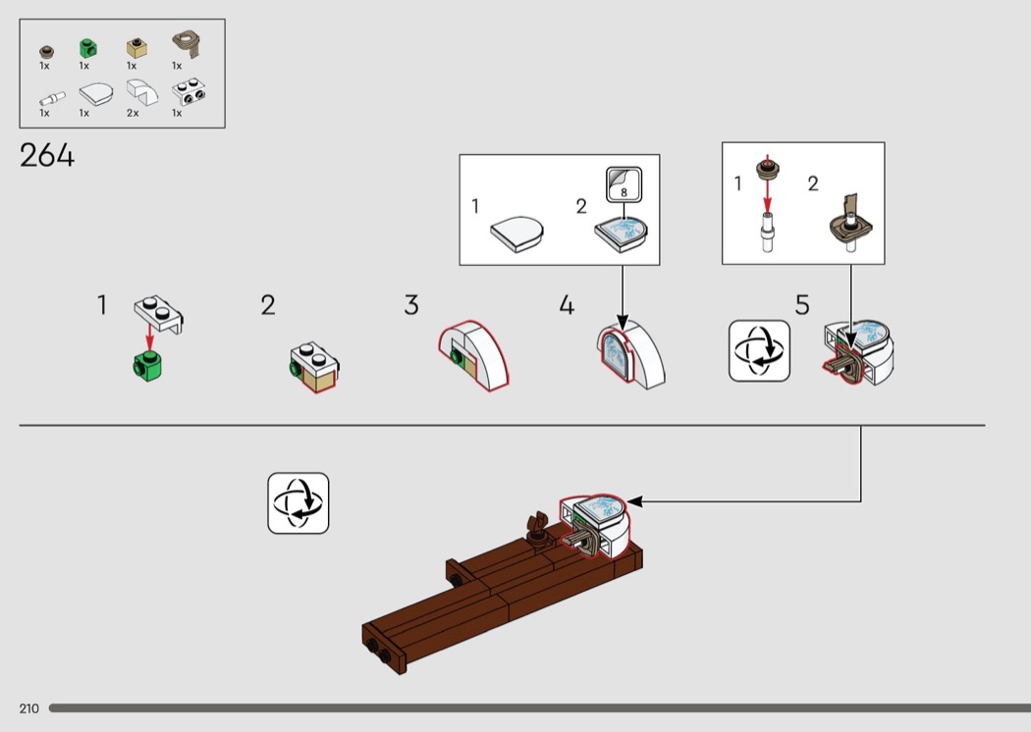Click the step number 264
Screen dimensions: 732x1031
[47, 156]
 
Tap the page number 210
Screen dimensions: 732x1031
[28, 708]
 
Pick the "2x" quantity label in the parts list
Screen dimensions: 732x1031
[133, 113]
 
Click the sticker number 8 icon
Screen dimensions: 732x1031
[623, 185]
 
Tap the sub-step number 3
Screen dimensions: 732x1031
[411, 305]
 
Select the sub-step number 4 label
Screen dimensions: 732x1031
[567, 305]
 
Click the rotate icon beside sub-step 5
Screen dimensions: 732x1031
[759, 350]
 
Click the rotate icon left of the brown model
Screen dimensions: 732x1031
[298, 503]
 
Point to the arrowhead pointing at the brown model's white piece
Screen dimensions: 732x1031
[634, 501]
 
